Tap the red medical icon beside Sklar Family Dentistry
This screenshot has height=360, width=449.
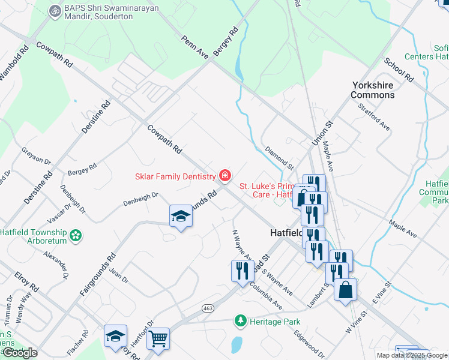225,176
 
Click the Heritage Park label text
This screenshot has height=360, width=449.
276,322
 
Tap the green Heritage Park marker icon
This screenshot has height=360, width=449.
241,321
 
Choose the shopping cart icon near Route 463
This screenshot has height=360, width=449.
158,339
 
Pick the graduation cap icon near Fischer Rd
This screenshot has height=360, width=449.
115,337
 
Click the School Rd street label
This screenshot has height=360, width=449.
399,70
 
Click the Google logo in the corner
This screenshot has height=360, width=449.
20,353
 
